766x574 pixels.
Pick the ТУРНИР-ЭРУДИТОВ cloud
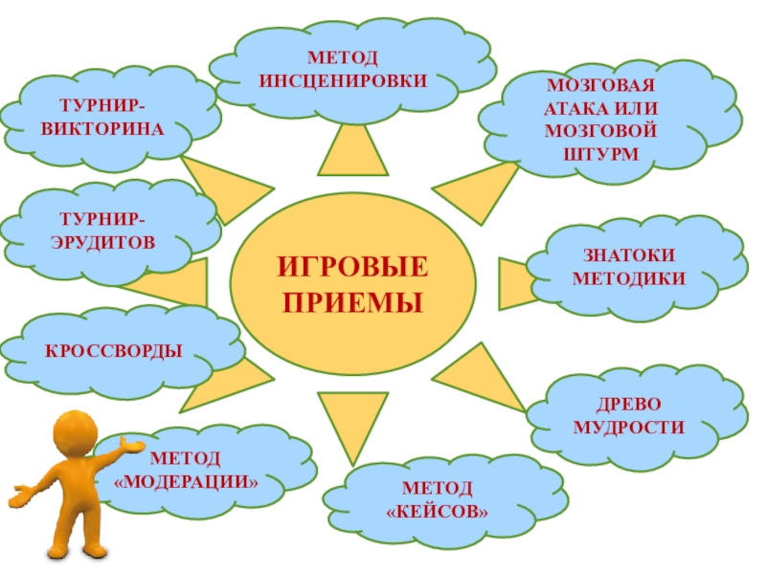[109, 230]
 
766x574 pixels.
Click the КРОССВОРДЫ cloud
[115, 350]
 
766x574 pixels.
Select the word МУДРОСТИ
[629, 428]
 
